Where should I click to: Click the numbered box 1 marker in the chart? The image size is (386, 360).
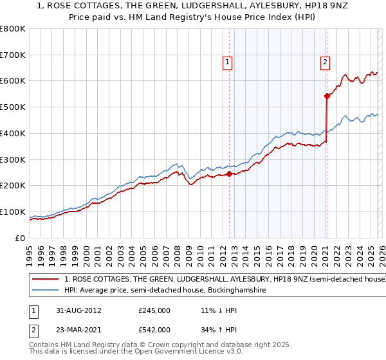click(x=228, y=62)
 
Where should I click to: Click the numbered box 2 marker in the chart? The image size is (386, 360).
click(x=325, y=62)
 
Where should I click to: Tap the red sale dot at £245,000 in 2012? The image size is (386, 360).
click(x=230, y=173)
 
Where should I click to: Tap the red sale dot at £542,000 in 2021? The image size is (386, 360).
click(x=327, y=96)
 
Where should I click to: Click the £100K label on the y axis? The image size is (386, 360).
click(x=14, y=212)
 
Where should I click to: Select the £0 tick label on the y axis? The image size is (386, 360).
click(x=21, y=238)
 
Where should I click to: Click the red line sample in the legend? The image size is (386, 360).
click(x=46, y=280)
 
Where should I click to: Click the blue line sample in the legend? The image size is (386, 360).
click(x=46, y=291)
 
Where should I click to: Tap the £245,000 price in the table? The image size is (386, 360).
click(x=154, y=310)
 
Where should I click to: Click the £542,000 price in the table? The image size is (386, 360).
click(x=154, y=330)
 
